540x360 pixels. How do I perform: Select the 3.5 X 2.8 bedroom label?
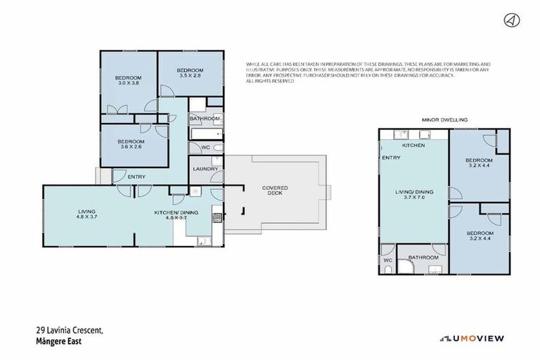point(190,74)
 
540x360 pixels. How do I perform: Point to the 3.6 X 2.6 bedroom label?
point(133,144)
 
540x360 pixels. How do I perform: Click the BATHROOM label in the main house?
point(205,119)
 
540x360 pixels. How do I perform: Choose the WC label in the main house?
point(206,147)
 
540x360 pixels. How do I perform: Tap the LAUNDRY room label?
point(205,169)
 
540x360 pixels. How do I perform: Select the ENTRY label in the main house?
point(136,176)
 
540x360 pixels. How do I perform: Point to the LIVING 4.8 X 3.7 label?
point(87,214)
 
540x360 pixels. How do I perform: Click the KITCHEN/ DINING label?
point(176,214)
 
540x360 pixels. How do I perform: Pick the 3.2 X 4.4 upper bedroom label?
point(480,163)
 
